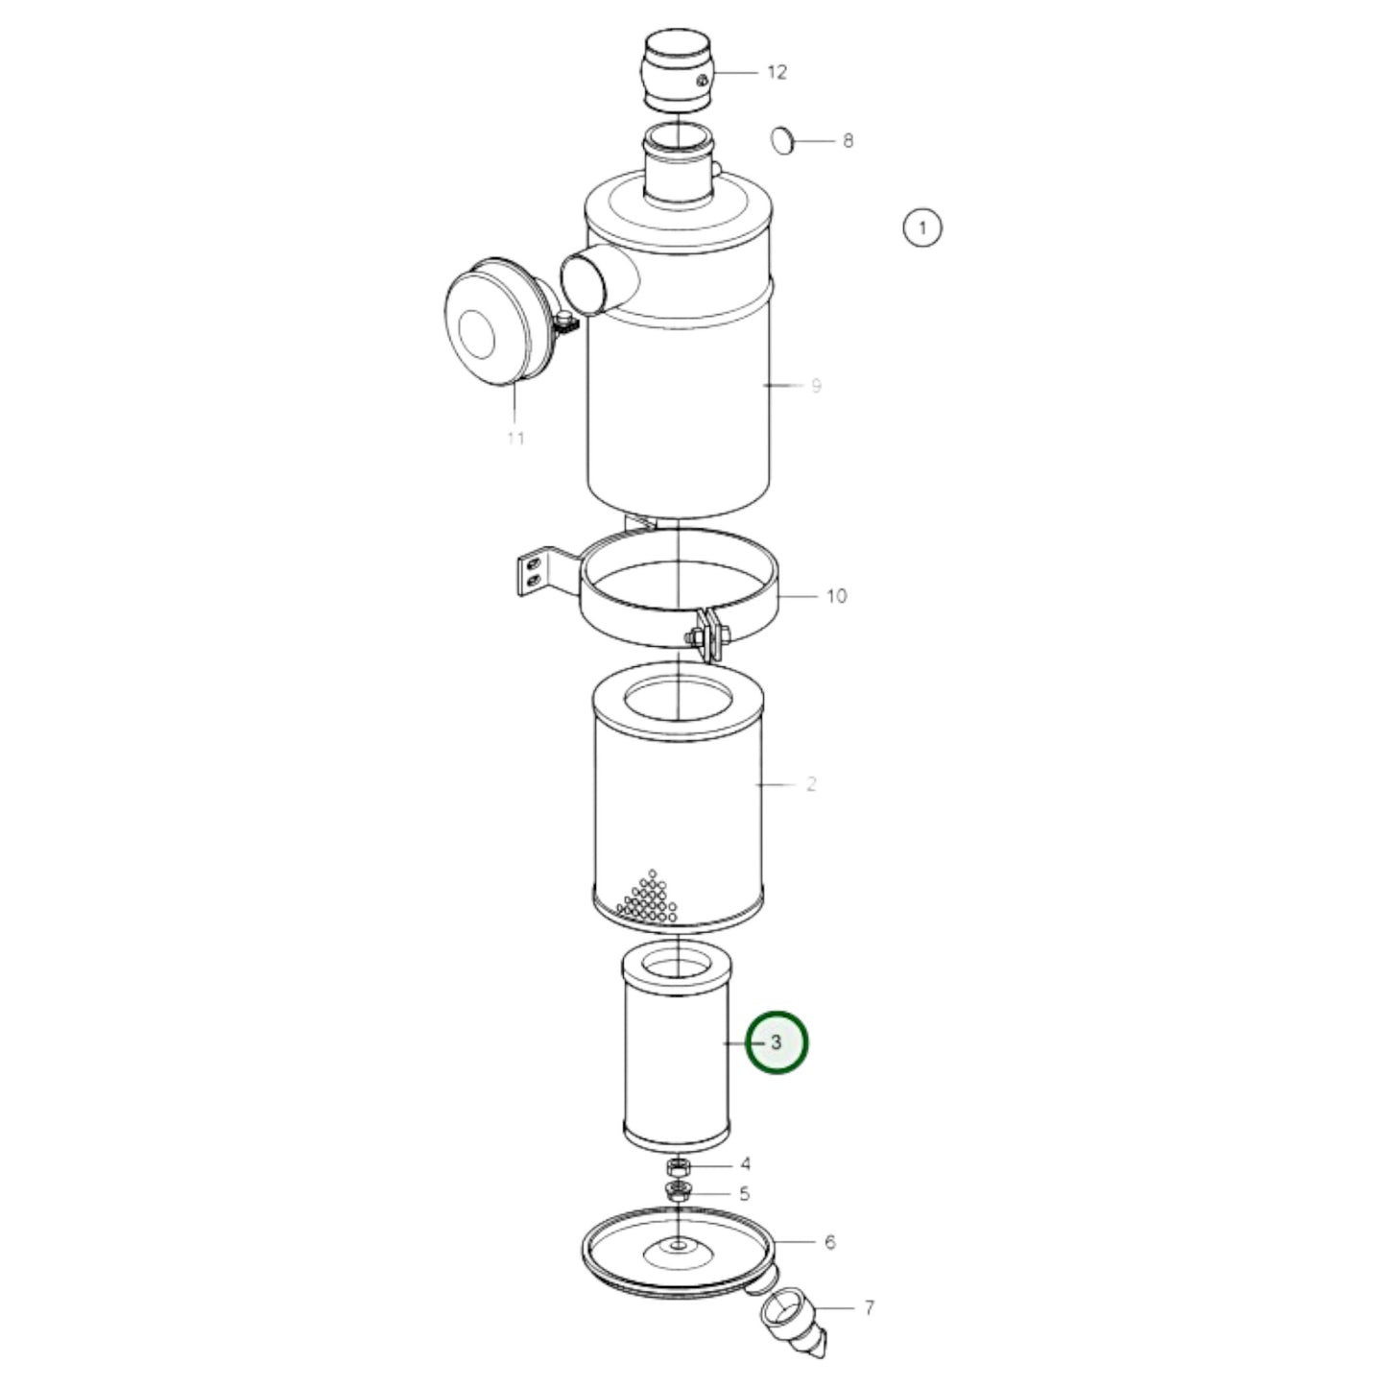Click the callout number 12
[777, 72]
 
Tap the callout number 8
[848, 141]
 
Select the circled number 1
[922, 228]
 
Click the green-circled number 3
[777, 1042]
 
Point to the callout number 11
[515, 439]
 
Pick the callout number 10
[836, 596]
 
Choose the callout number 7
[869, 1307]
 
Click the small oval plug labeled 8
[784, 140]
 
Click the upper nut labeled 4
[679, 1167]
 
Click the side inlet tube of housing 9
[596, 277]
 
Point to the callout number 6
[829, 1242]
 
